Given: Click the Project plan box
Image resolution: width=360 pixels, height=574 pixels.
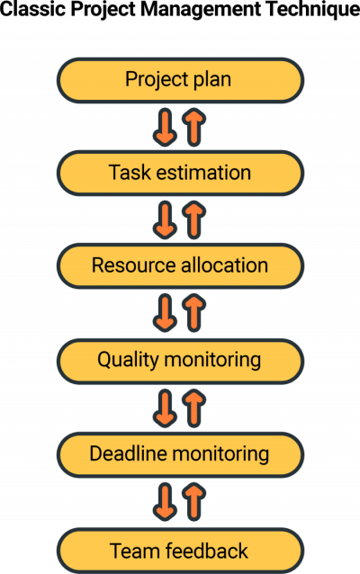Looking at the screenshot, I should click(x=180, y=80).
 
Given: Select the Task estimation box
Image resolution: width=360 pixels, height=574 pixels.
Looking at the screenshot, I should click(x=180, y=173).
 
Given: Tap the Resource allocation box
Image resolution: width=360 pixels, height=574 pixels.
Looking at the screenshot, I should click(x=180, y=266).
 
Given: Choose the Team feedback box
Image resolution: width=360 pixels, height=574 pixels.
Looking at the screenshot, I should click(x=180, y=550).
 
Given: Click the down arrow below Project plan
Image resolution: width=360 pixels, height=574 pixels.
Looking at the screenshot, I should click(x=165, y=127).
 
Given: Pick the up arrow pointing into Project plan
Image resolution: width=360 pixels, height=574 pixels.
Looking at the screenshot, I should click(x=193, y=127).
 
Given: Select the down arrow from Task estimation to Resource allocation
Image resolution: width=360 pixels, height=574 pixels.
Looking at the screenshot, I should click(x=165, y=220).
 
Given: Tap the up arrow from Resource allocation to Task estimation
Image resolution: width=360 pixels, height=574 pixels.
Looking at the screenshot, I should click(x=193, y=220).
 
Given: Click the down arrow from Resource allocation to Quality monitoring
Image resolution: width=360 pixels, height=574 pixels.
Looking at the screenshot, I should click(x=165, y=313).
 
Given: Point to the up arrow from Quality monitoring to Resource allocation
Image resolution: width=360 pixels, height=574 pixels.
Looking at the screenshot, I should click(x=193, y=313).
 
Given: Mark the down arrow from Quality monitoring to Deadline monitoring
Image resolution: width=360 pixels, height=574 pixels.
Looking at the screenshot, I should click(x=165, y=408).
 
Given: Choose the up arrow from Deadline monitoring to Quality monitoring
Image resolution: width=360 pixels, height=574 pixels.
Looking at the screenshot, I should click(x=193, y=408).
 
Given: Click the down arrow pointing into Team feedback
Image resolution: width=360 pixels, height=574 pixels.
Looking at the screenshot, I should click(x=165, y=501).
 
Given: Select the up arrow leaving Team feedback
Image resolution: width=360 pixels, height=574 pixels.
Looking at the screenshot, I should click(x=193, y=501).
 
